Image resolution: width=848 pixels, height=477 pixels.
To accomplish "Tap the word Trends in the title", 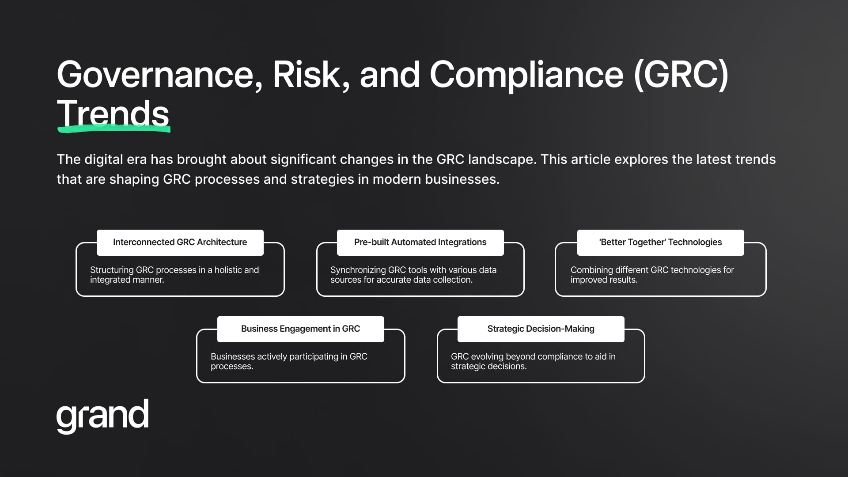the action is (x=113, y=113).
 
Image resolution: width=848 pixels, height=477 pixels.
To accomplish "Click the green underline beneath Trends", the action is (x=114, y=129).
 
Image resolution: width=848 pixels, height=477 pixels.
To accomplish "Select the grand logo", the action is (x=102, y=416).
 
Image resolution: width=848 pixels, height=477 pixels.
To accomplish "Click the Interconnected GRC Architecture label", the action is (x=180, y=242).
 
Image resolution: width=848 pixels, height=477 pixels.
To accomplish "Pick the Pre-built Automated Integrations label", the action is (x=420, y=242).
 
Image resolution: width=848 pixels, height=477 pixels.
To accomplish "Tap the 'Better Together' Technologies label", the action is (x=660, y=242).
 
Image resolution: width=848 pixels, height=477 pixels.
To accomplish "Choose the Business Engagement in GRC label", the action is (x=300, y=329).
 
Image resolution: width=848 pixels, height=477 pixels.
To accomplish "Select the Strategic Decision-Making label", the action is (x=541, y=329).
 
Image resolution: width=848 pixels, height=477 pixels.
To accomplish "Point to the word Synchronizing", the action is (x=358, y=270).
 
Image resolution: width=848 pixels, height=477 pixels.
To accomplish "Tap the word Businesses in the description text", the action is (x=233, y=356).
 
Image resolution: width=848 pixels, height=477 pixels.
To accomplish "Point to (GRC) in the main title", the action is (x=681, y=75).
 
